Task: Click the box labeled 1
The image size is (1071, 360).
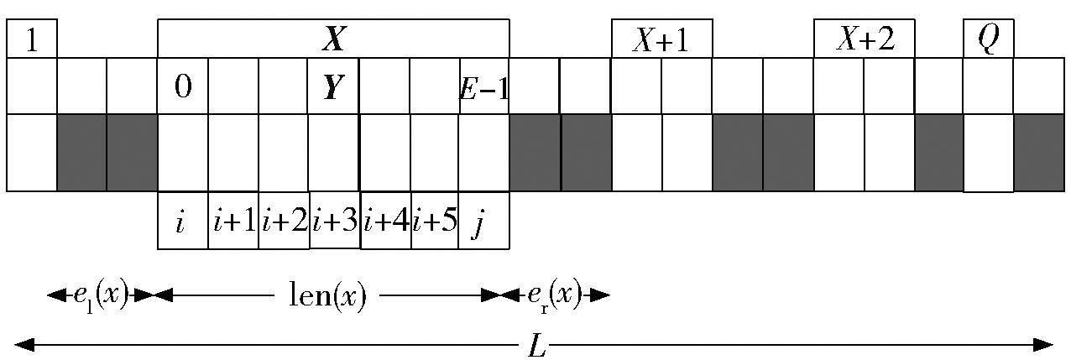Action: [32, 39]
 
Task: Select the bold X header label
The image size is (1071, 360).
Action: [333, 39]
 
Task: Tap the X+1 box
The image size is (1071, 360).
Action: [661, 39]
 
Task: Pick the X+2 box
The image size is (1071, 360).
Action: [865, 39]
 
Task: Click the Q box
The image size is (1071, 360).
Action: [988, 39]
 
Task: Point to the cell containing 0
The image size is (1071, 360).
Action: [183, 86]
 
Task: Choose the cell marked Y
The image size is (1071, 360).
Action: [333, 86]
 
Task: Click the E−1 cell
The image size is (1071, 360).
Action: [484, 86]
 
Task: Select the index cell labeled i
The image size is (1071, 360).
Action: [183, 222]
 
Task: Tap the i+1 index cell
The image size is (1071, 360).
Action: [233, 222]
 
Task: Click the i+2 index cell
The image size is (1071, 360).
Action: [284, 222]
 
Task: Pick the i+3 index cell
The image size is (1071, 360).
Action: [335, 222]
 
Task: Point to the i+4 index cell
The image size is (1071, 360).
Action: [385, 222]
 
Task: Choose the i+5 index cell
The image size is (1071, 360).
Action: [435, 222]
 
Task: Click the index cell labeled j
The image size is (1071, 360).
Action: [483, 222]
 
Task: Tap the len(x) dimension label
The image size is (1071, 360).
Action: [327, 295]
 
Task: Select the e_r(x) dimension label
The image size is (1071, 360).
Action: [554, 295]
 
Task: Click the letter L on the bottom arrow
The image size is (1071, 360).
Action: [535, 345]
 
